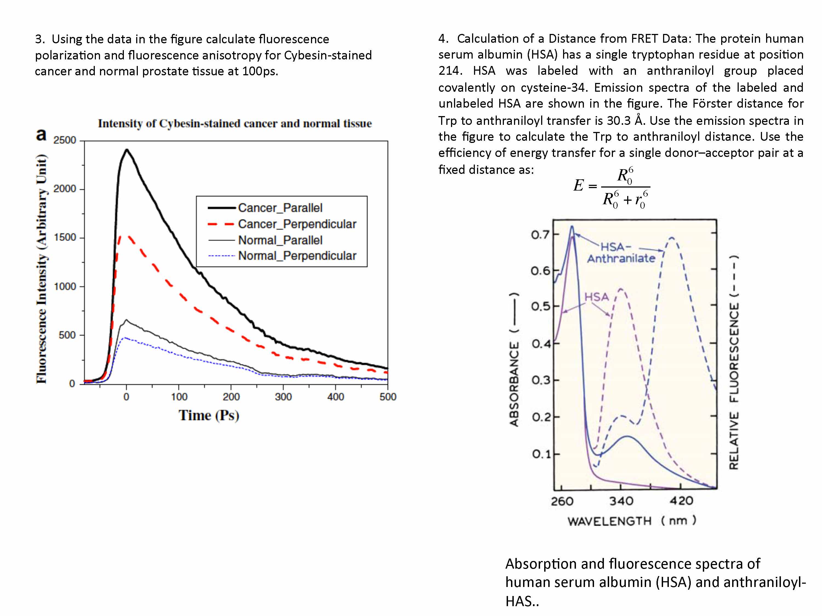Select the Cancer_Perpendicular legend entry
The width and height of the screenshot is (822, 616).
[297, 224]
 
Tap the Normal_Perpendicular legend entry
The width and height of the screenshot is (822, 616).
[297, 256]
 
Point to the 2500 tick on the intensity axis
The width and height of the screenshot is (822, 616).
[65, 140]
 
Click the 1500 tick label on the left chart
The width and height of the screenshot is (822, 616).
[65, 238]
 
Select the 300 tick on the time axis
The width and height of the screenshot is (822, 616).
[283, 397]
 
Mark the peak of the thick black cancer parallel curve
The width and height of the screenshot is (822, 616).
[127, 150]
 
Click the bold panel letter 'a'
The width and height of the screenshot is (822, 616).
[41, 134]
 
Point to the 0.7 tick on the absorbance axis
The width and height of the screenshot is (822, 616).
[540, 235]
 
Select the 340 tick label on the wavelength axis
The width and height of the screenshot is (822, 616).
[621, 501]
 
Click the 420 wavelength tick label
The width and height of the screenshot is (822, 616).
[681, 501]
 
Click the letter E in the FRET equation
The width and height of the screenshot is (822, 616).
[578, 185]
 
